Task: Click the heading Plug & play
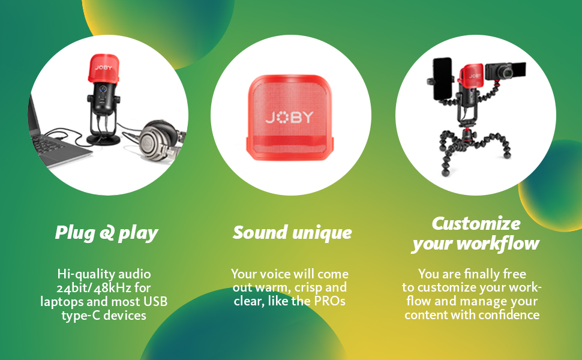coord(106,233)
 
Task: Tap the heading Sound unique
coord(292,232)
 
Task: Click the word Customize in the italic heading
coord(476,223)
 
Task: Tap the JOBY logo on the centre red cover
coord(290,117)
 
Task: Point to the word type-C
coord(80,316)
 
